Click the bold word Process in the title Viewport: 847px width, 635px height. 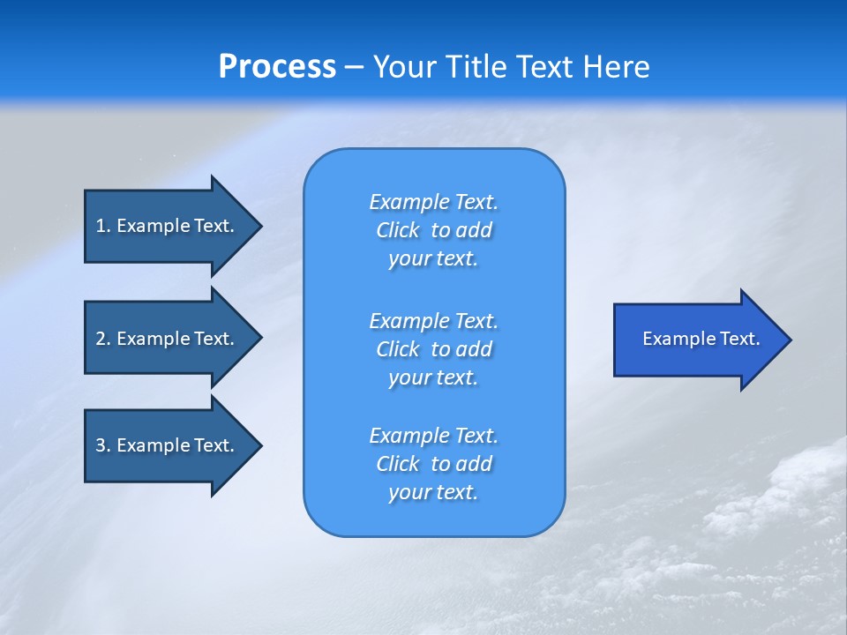click(x=277, y=67)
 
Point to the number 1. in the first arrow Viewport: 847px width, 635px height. click(x=102, y=226)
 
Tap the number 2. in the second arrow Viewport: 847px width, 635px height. click(x=102, y=339)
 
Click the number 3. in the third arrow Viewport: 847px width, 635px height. click(x=102, y=445)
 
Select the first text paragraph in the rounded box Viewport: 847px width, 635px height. click(x=433, y=230)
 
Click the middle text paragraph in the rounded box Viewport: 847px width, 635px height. click(x=433, y=349)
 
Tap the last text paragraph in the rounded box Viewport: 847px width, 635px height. click(x=433, y=464)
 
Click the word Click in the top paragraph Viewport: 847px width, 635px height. click(x=397, y=230)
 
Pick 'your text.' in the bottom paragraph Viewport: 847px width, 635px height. click(x=433, y=492)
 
